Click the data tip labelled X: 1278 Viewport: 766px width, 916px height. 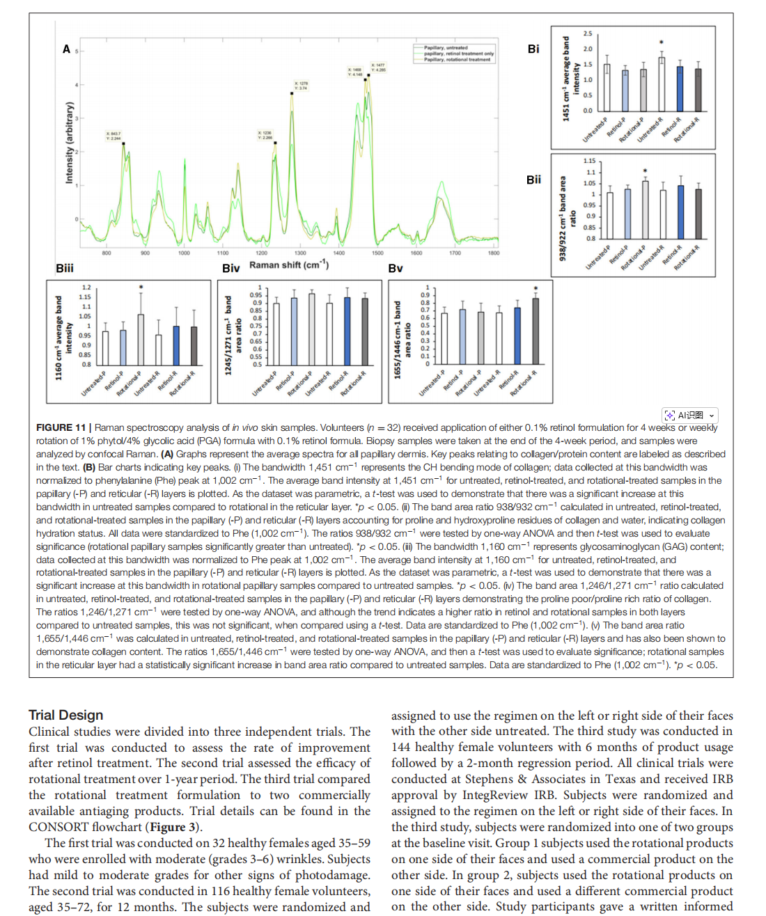tap(301, 86)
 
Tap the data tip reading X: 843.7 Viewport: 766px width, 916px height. tap(114, 136)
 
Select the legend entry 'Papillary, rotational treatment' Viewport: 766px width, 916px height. tap(457, 60)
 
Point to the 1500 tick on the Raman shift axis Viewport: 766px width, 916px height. tap(377, 253)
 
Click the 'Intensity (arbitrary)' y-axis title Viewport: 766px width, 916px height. tap(69, 143)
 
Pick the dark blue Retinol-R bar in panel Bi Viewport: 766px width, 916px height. tap(680, 88)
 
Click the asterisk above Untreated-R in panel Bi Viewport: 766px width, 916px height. tap(662, 43)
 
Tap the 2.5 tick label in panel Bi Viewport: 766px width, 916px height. tap(588, 33)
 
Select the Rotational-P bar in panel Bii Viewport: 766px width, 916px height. tap(645, 209)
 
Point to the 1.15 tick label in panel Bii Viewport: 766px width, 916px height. tap(589, 161)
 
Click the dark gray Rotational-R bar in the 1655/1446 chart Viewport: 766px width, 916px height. tap(536, 331)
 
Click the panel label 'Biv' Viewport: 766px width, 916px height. tap(230, 269)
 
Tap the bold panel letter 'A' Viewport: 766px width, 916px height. tap(66, 49)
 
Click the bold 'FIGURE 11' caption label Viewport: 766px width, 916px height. tap(61, 427)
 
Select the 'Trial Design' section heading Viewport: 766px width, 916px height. tap(66, 715)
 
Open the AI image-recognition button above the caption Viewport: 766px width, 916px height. tap(689, 416)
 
